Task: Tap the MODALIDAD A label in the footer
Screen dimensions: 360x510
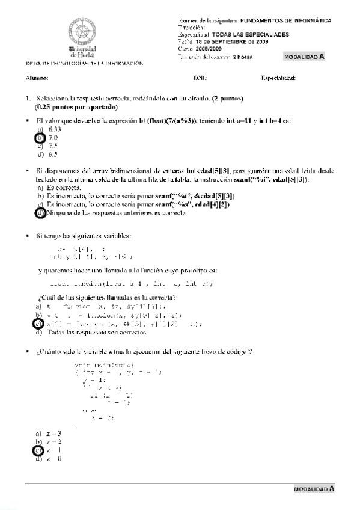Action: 314,490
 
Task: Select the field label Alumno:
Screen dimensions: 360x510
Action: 37,78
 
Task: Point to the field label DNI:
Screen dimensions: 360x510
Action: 200,78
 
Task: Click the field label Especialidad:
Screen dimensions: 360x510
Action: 278,78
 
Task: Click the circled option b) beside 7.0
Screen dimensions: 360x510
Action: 40,138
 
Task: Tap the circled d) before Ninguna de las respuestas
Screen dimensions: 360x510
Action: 40,213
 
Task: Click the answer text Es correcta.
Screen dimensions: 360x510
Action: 63,188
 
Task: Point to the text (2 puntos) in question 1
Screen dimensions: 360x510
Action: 225,98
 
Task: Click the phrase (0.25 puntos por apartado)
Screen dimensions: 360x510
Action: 76,106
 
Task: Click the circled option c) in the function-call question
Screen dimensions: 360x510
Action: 40,324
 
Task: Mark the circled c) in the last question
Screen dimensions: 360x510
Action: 40,450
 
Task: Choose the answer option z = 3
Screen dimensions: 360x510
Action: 53,433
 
